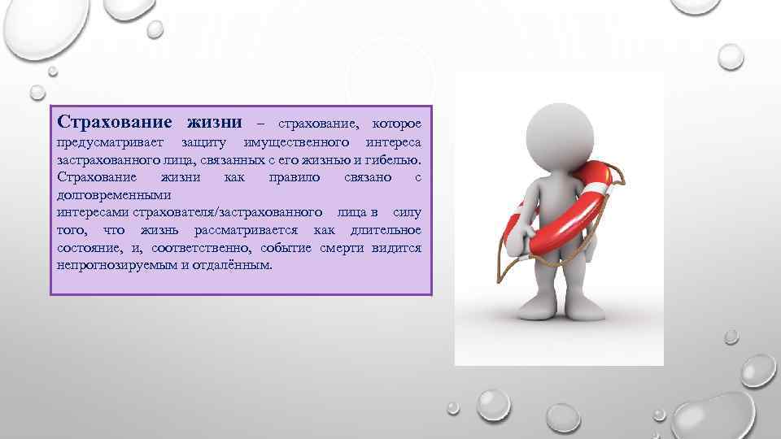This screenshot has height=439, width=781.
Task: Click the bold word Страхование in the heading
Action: (108, 123)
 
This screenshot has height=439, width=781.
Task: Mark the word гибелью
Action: (398, 161)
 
